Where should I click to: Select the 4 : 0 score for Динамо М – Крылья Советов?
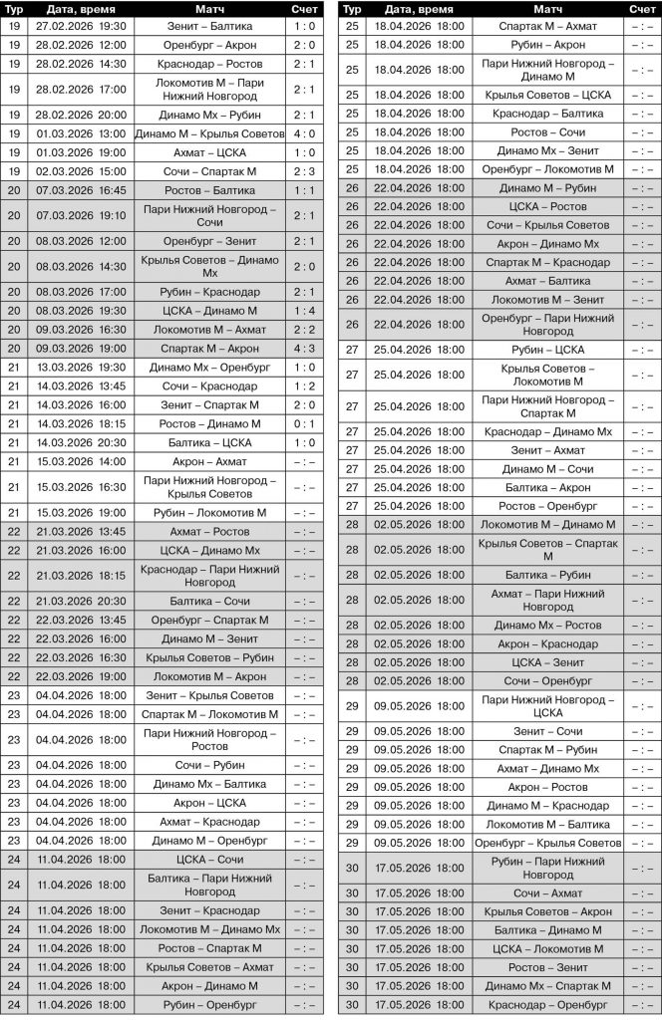point(305,133)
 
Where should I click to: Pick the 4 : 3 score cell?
point(305,349)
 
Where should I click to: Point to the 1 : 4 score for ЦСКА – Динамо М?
point(305,311)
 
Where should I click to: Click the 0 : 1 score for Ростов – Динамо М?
point(305,423)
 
